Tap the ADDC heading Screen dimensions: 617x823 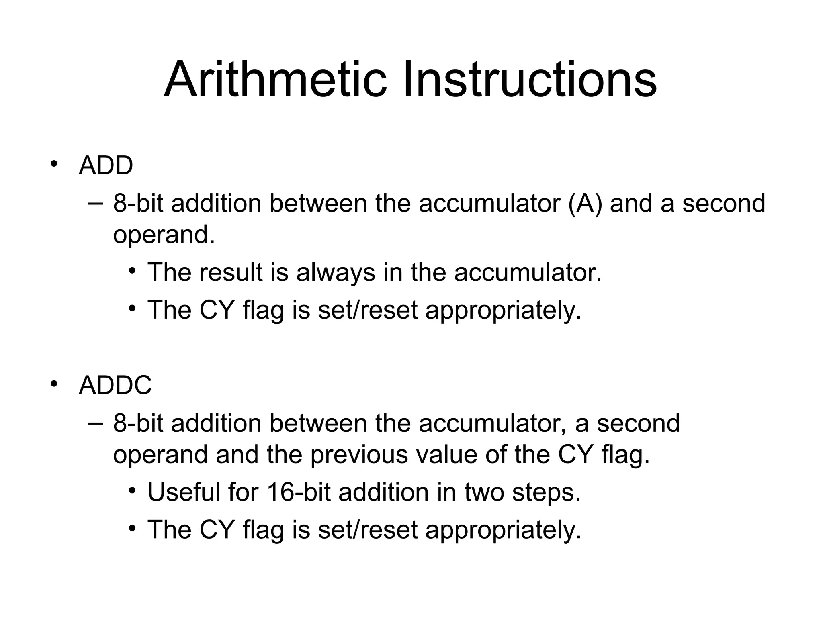pos(115,385)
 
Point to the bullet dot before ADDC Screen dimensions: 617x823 pos(54,384)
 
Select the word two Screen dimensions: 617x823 pos(484,492)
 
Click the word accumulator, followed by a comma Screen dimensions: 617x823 pos(493,423)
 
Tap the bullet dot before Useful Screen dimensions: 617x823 pos(132,491)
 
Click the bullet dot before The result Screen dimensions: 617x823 pos(132,271)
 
